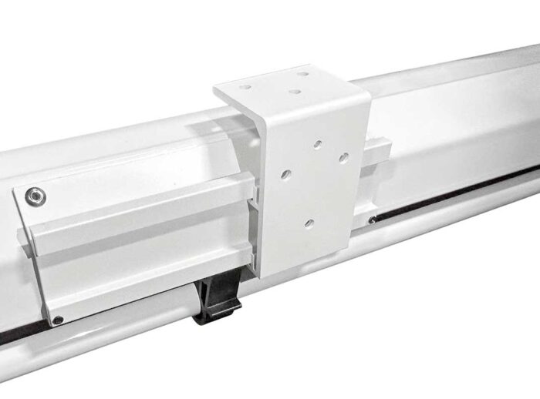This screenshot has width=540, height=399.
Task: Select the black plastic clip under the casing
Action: point(217,302)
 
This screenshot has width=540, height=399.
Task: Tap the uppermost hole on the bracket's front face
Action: point(316,143)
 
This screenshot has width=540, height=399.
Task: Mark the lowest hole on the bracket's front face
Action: point(309,223)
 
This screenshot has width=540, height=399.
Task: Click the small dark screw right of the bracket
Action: point(373,220)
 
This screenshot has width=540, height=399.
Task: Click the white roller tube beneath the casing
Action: point(116,339)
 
